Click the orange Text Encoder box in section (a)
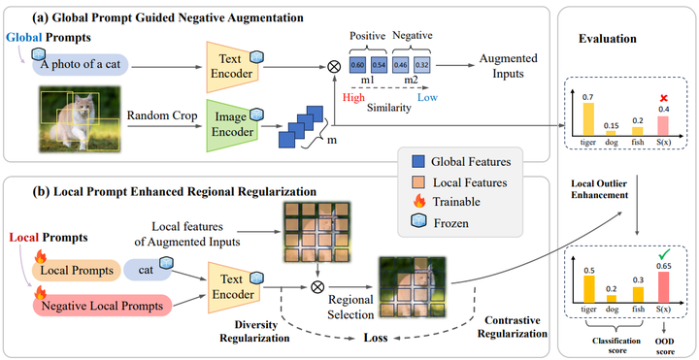(x=232, y=65)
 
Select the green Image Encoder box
(x=232, y=126)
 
